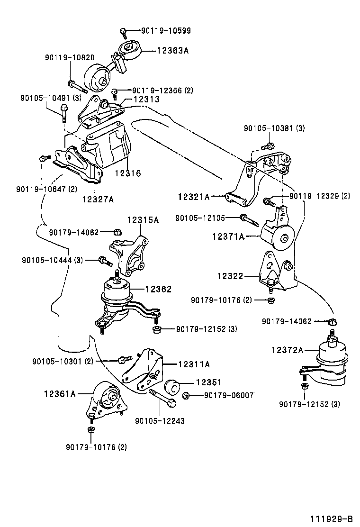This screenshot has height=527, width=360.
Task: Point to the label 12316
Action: [x=127, y=173]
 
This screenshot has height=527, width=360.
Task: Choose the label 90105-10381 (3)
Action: [x=274, y=128]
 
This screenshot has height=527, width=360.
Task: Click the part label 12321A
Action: [x=194, y=196]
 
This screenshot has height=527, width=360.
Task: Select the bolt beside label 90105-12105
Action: [x=249, y=219]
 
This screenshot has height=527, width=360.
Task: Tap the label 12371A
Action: [x=228, y=236]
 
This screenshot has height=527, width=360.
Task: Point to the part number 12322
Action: [x=231, y=275]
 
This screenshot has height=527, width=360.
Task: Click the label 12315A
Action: [x=143, y=220]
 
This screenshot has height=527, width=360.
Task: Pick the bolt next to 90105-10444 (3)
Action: [x=104, y=260]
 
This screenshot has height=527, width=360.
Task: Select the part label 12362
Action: [x=158, y=289]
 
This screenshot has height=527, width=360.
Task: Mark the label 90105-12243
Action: [x=160, y=420]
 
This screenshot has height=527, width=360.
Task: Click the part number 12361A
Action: [x=60, y=393]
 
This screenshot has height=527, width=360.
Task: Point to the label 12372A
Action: [x=288, y=350]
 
